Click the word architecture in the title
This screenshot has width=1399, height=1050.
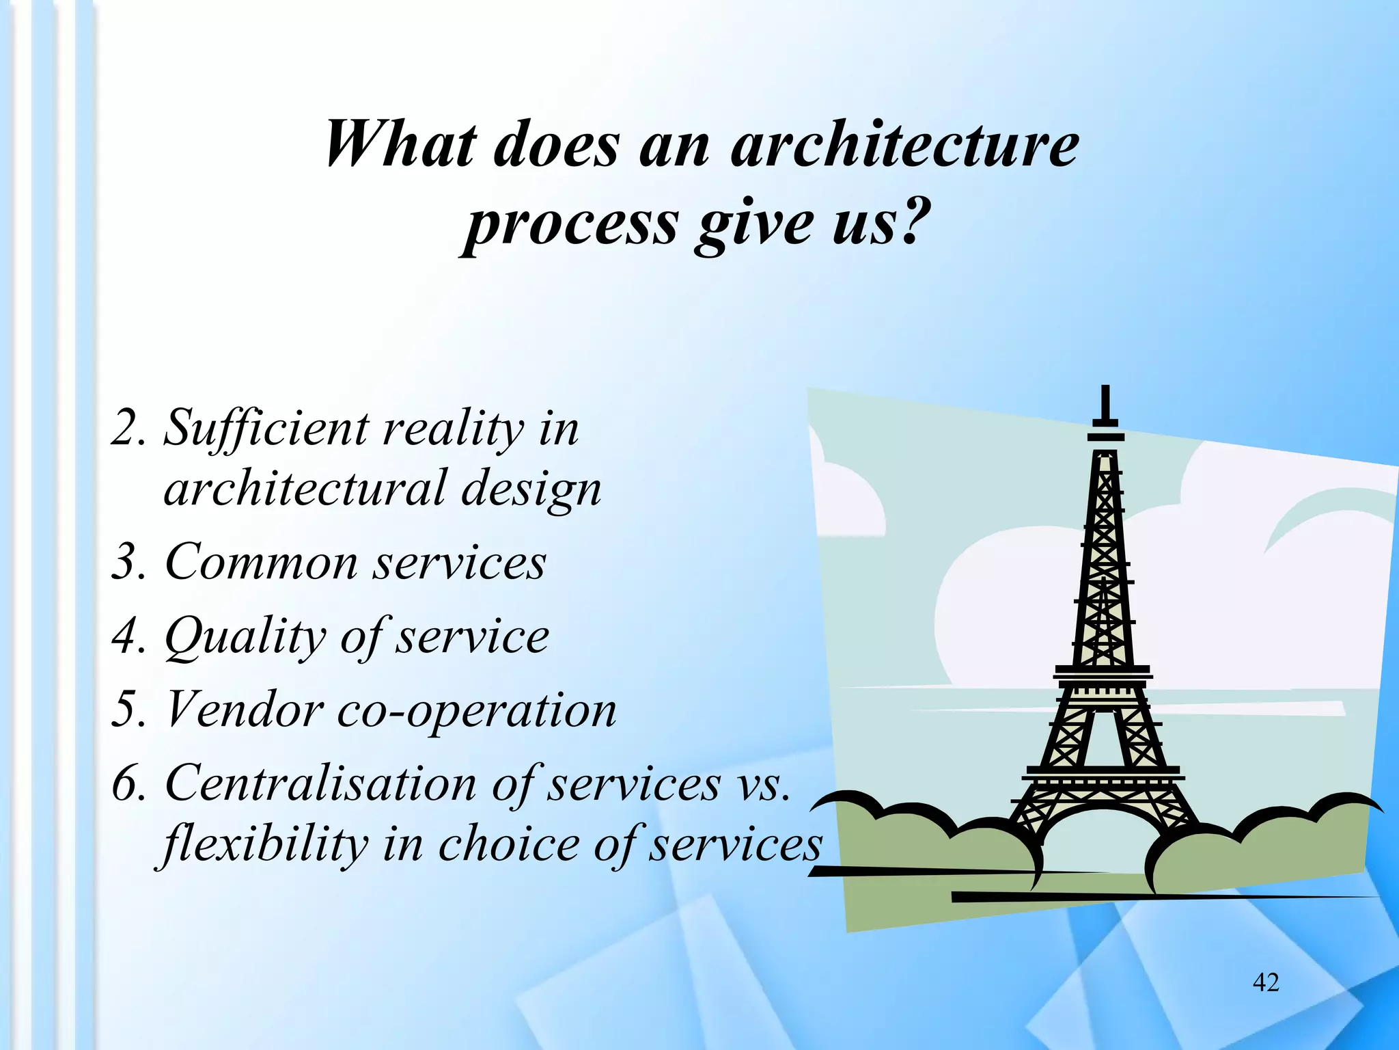point(905,145)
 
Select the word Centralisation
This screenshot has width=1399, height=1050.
point(320,783)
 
